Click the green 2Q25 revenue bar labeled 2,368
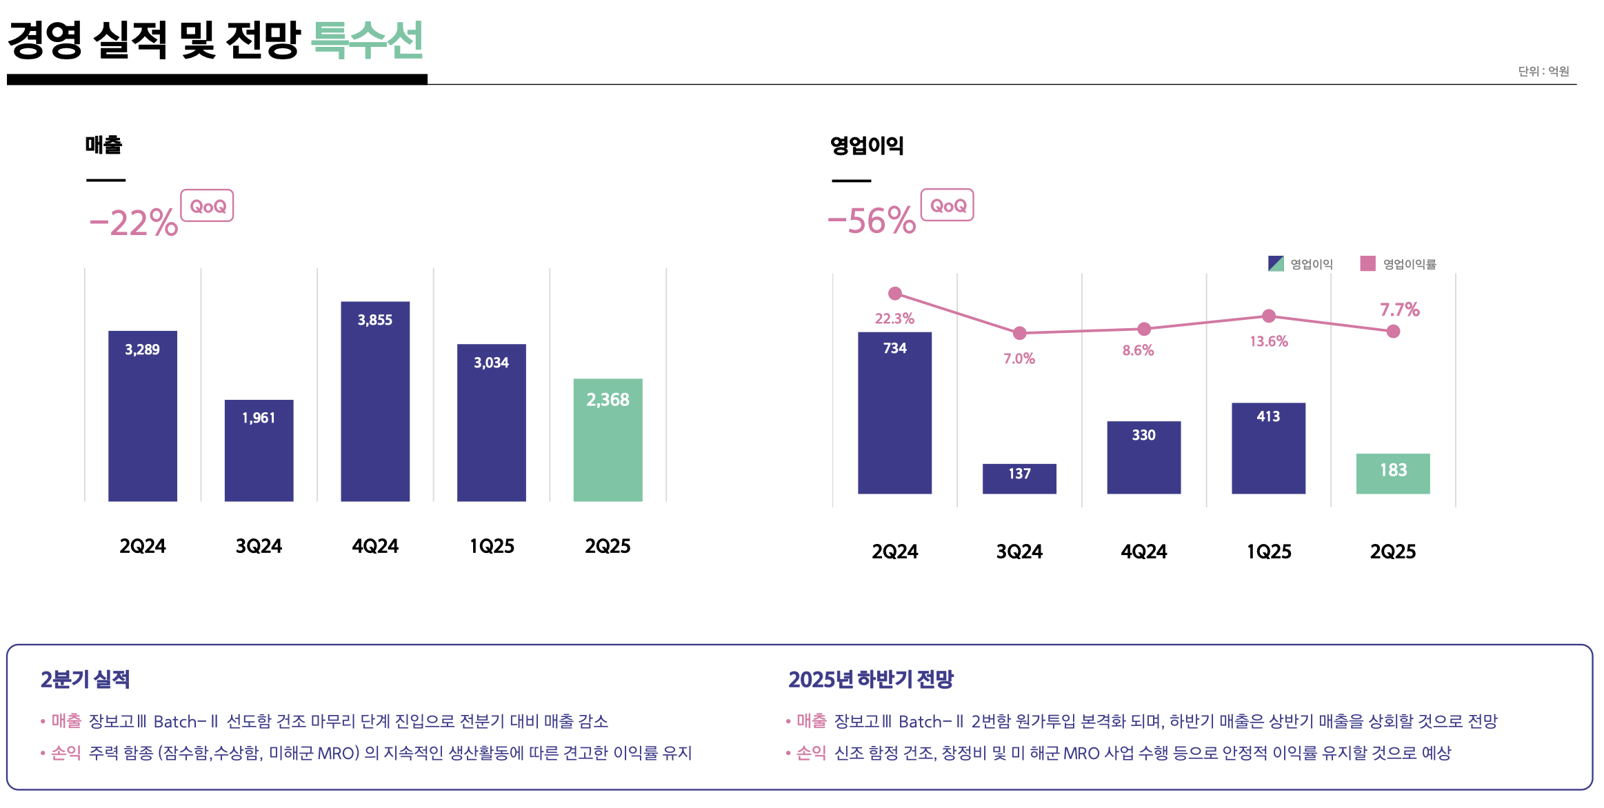[608, 440]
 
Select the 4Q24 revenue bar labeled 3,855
[374, 401]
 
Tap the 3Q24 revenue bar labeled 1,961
[259, 450]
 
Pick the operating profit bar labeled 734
[894, 413]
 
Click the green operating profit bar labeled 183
[1392, 474]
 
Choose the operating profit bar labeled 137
[1019, 478]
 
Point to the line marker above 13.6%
[1268, 316]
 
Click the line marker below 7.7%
[1393, 332]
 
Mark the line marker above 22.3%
[895, 294]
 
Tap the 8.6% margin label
[1138, 350]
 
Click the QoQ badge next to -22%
[207, 206]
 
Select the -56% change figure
[872, 221]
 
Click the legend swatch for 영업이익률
[1367, 263]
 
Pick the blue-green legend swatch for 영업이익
[1276, 263]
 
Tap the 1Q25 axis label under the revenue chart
[492, 546]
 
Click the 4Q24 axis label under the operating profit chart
[1143, 552]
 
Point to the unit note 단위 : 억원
[1543, 71]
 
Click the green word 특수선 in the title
[367, 40]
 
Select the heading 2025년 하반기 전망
[870, 679]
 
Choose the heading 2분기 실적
[85, 679]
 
